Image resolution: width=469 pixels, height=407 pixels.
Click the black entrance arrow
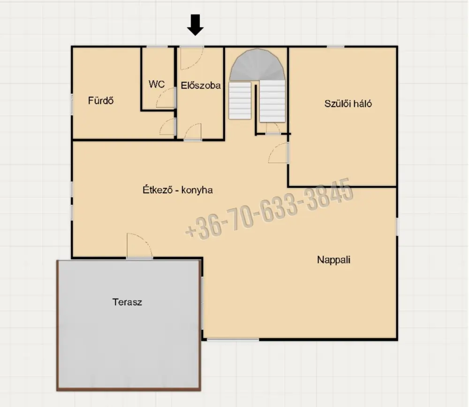point(195,25)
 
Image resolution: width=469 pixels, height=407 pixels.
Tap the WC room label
point(157,84)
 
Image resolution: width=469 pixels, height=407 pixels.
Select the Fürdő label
point(101,100)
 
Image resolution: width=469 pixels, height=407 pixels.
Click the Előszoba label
point(201,85)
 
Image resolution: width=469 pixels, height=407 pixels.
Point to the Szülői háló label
point(348,104)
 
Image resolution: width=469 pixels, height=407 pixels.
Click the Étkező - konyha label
point(178,190)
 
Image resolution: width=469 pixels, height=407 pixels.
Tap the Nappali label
point(333,260)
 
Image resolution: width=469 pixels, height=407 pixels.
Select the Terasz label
point(127,302)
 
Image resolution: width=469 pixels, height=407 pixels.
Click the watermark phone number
point(269,209)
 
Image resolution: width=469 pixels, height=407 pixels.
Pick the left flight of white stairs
point(240,100)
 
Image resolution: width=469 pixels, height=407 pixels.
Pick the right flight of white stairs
point(272,101)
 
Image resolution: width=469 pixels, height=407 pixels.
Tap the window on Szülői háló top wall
point(335,46)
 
